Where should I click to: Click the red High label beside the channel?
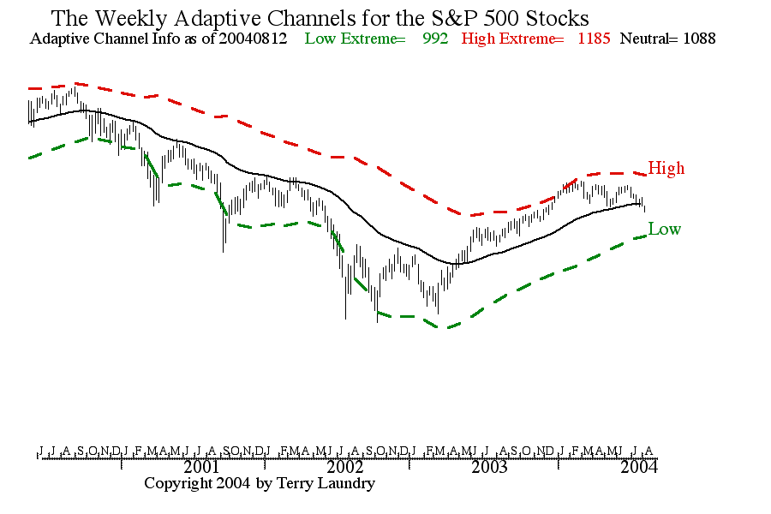(666, 168)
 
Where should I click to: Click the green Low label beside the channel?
(665, 229)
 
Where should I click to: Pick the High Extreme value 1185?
(594, 39)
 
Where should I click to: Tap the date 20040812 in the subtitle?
(254, 39)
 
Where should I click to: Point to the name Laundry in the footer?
(345, 484)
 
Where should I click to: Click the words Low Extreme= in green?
(355, 39)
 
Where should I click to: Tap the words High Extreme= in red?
(512, 39)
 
